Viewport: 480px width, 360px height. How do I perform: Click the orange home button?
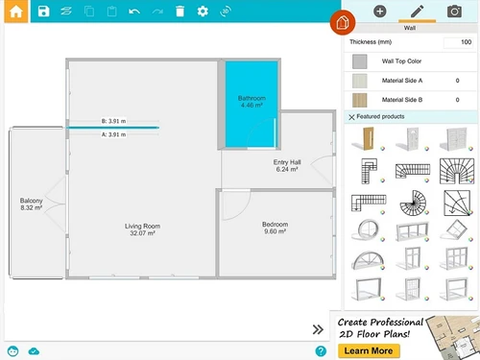click(16, 12)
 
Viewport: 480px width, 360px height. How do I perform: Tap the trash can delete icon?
click(180, 12)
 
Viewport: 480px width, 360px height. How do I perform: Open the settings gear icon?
click(203, 12)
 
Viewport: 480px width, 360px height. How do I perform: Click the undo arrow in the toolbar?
click(134, 12)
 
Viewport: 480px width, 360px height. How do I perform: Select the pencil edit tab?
click(417, 12)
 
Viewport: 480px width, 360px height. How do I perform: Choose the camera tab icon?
click(454, 12)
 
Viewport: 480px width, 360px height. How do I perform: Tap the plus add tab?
click(379, 12)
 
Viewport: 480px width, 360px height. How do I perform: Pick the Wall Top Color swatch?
click(360, 60)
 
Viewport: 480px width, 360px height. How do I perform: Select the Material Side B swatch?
click(360, 99)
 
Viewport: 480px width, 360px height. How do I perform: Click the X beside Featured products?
click(351, 117)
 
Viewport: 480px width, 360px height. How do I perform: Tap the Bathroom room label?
click(251, 103)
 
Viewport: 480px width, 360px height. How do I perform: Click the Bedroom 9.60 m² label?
click(276, 228)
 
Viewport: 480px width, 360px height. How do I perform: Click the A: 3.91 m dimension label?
click(114, 135)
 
